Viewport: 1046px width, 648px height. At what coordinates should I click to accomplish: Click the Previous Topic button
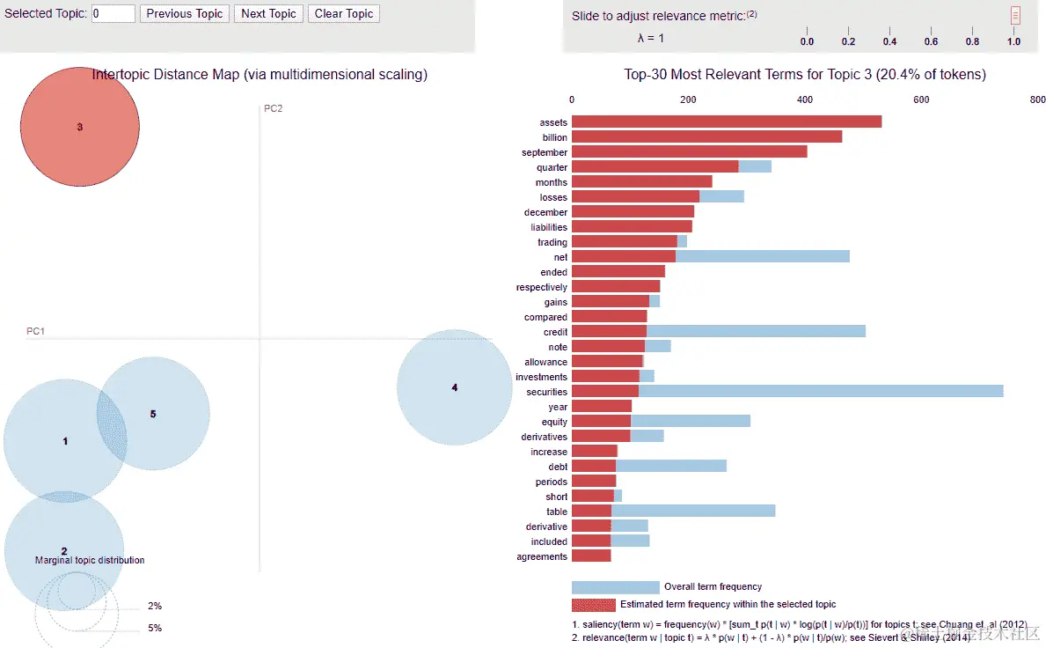(185, 14)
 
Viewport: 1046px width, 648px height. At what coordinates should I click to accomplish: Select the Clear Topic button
(344, 14)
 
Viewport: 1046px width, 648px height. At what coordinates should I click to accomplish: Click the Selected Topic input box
(113, 14)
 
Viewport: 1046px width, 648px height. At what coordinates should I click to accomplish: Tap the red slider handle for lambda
(1015, 15)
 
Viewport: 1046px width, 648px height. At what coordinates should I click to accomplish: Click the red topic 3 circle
(79, 127)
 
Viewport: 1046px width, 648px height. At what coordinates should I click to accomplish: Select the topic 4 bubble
(455, 387)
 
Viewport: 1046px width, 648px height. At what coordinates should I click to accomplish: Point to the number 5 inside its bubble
(153, 414)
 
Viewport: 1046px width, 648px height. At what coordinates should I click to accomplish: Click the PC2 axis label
(274, 109)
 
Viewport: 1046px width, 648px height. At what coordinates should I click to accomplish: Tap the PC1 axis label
(35, 332)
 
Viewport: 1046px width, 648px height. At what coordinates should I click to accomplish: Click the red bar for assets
(727, 122)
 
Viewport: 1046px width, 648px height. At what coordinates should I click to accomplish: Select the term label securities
(546, 392)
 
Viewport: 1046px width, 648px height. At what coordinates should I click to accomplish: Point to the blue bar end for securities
(1001, 392)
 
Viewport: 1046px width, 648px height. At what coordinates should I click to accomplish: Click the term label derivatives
(544, 437)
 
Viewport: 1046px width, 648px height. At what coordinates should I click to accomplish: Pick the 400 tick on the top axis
(805, 100)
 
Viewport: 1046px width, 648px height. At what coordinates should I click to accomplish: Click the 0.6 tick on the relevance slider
(931, 41)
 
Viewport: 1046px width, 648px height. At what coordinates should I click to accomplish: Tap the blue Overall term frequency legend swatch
(615, 587)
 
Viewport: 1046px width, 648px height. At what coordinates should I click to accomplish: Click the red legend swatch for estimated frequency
(594, 605)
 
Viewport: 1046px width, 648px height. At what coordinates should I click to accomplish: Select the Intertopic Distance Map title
(260, 75)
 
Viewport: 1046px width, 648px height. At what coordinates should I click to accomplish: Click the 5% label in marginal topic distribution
(155, 628)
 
